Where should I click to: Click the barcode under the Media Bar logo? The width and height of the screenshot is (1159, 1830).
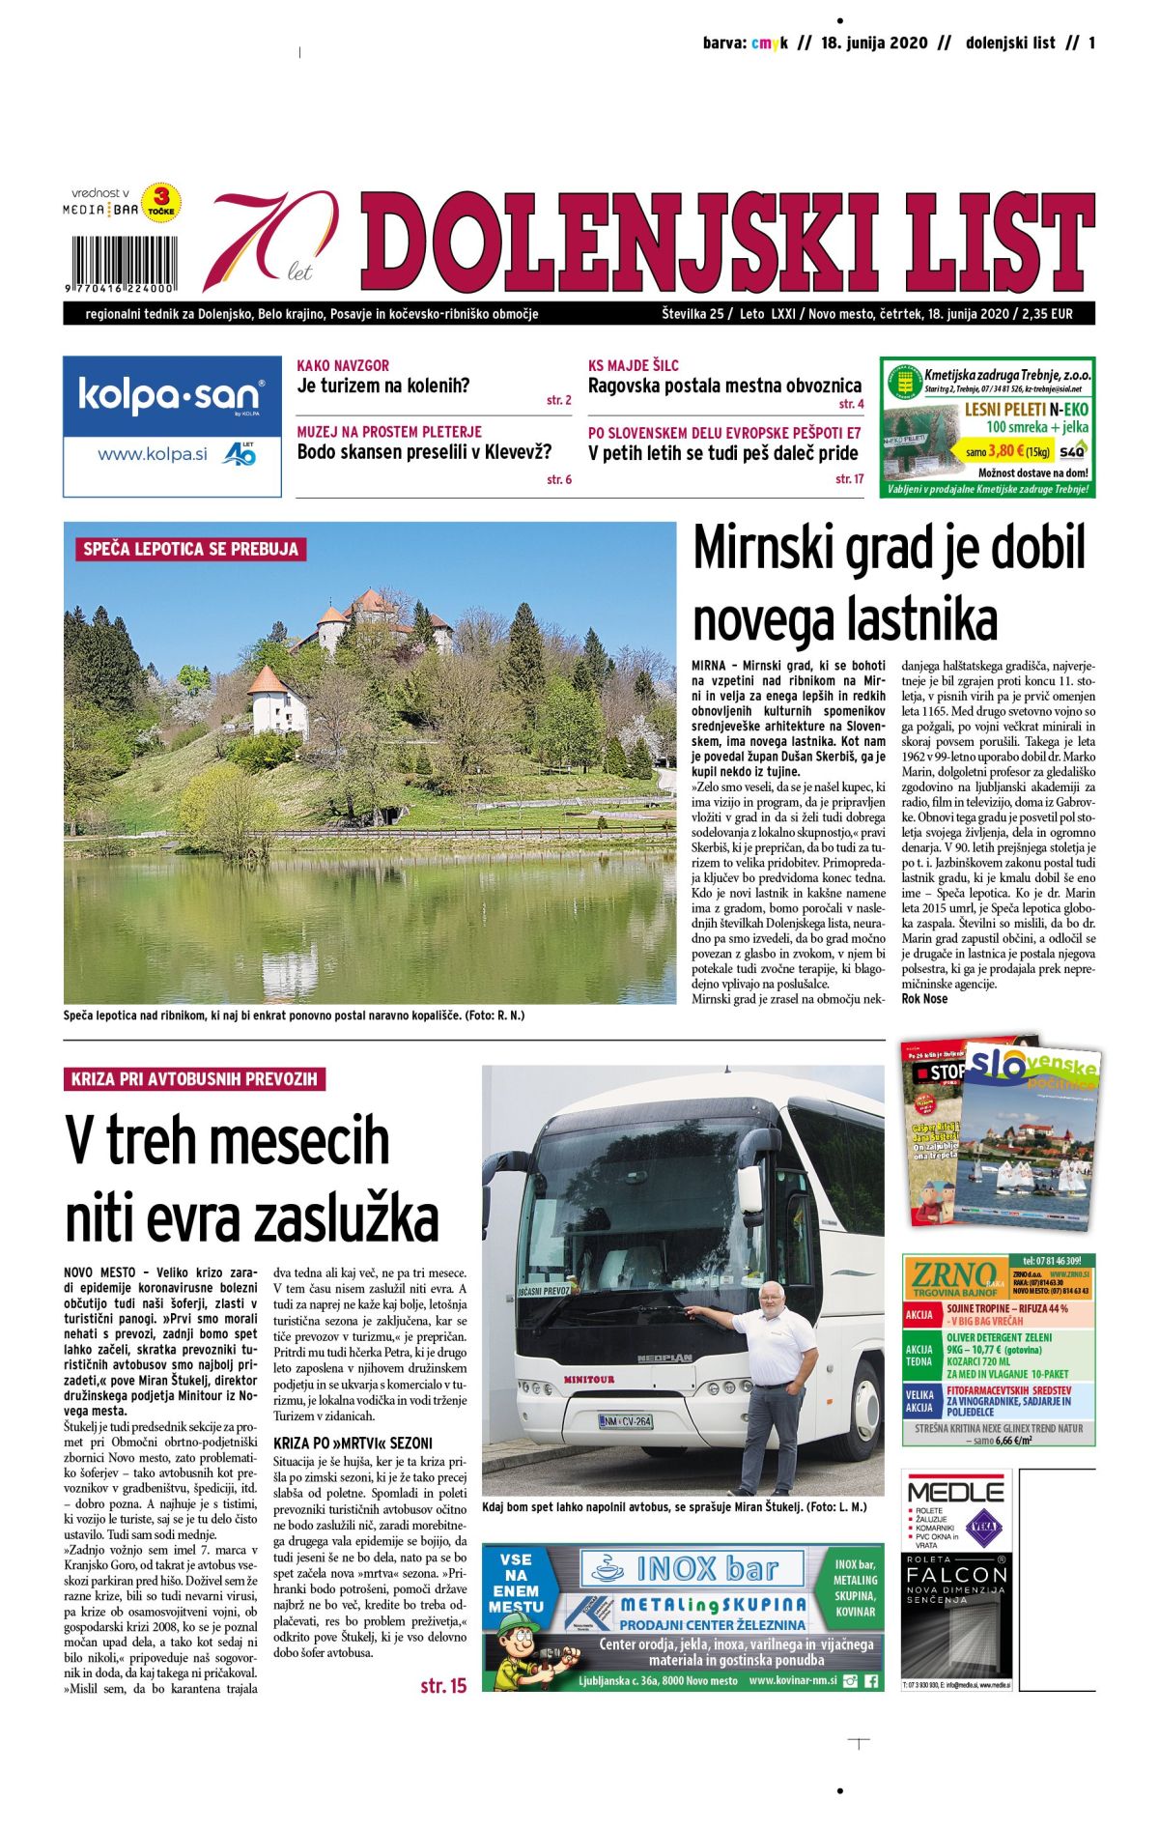click(122, 258)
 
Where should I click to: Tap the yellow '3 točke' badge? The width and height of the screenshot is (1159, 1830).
click(161, 204)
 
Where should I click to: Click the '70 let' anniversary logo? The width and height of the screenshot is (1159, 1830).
click(272, 241)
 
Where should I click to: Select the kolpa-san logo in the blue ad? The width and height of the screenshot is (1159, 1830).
click(170, 396)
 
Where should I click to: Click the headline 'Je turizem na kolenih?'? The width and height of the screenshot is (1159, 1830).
click(382, 386)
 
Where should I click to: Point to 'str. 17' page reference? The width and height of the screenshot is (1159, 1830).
click(849, 478)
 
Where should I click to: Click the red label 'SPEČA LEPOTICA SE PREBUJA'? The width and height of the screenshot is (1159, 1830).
click(190, 549)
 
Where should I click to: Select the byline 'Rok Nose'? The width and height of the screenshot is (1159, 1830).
click(923, 998)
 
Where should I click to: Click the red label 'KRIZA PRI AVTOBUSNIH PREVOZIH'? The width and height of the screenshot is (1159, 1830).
click(194, 1078)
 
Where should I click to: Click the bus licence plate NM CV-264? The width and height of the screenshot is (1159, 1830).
click(625, 1420)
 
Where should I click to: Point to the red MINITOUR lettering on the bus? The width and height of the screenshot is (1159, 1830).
click(588, 1379)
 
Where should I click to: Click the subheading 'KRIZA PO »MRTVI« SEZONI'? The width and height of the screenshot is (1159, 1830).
click(353, 1443)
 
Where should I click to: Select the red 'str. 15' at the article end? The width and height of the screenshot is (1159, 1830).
click(442, 1685)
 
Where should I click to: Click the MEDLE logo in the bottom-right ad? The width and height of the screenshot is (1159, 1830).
click(955, 1489)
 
